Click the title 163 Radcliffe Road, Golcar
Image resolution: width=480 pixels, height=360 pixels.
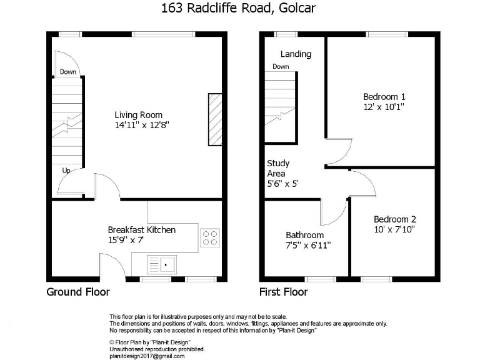click(x=239, y=9)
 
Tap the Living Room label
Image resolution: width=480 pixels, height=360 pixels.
click(x=138, y=115)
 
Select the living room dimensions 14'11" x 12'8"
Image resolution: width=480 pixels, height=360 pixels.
click(x=142, y=125)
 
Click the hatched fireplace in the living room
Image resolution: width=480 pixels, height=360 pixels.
click(x=215, y=121)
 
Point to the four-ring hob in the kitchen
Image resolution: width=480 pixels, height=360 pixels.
click(x=210, y=237)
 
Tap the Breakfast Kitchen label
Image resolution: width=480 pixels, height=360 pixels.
click(x=142, y=230)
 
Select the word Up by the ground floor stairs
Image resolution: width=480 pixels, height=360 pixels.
click(x=66, y=170)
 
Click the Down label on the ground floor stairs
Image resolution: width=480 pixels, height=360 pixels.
click(x=68, y=72)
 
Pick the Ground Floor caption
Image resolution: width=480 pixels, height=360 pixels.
click(x=78, y=292)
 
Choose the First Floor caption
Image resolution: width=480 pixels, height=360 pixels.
click(x=283, y=292)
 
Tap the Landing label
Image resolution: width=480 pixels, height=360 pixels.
click(x=296, y=54)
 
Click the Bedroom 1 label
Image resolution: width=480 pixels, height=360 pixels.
click(x=384, y=97)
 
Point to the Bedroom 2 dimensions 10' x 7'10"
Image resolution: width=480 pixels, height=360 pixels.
click(x=394, y=229)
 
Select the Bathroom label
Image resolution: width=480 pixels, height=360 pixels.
click(x=304, y=235)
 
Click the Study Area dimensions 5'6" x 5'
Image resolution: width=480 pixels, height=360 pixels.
click(x=282, y=184)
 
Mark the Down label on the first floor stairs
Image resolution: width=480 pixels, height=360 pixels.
click(x=281, y=66)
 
